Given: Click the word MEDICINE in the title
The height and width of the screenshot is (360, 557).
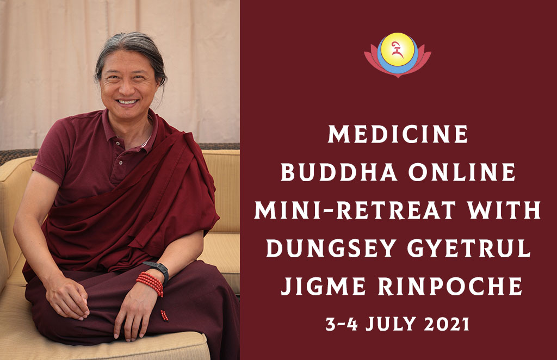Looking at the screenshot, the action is pos(398,134).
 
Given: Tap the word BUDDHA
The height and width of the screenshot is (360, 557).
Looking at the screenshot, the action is pos(339,172).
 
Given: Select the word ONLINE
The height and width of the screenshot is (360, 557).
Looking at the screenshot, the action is pos(462,172).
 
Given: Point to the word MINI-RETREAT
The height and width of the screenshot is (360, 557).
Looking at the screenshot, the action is pos(355,210).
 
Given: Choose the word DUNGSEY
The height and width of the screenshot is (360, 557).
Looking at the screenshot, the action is pos(331,248).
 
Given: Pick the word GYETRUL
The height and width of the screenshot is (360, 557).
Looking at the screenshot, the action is pos(469,248).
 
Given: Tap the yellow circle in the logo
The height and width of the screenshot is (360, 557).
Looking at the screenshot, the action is pos(398,49).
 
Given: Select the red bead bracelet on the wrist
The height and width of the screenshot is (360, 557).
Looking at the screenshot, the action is pos(151,282).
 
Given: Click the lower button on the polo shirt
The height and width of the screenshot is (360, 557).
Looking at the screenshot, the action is pos(121,163).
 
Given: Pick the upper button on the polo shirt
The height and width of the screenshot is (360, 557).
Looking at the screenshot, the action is pos(118,142).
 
